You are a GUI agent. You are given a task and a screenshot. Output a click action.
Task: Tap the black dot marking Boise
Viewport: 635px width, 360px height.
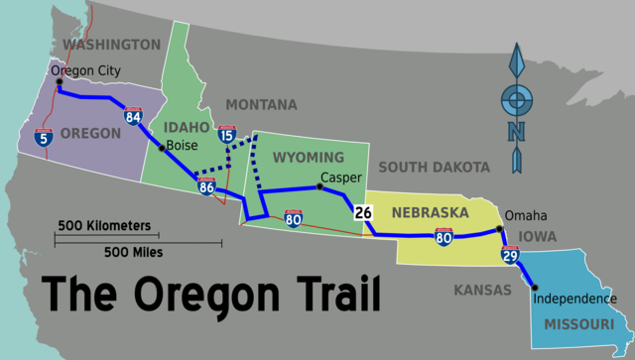point(162,149)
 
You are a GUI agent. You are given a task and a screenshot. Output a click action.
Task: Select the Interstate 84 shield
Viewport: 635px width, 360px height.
point(134,117)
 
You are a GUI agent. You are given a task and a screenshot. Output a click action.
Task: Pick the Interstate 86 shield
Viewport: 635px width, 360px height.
point(206,185)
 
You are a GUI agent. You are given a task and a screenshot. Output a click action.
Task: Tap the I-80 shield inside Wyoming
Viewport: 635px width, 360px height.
point(294,218)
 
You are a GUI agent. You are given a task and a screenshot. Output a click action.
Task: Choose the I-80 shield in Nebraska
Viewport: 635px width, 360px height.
point(444,236)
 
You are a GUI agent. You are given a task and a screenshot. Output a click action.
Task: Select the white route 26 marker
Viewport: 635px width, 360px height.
point(362,212)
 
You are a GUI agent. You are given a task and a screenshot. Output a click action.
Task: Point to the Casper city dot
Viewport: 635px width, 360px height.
point(319,186)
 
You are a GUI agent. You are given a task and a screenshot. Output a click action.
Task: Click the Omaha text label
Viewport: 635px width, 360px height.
point(525,215)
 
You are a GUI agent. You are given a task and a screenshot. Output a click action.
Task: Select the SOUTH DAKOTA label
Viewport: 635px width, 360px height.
point(434,167)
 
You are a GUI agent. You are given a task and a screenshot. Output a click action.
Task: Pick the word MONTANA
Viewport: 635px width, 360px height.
point(261,104)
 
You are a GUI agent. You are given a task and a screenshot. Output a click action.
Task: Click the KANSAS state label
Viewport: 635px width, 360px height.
point(480,290)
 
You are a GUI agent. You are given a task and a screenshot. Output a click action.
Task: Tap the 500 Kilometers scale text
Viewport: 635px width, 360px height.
point(104,225)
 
